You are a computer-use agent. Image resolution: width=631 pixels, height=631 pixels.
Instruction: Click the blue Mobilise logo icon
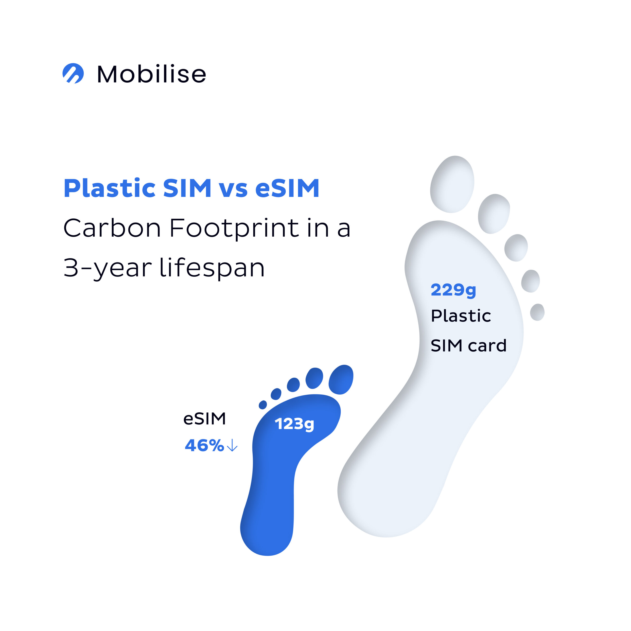(x=73, y=73)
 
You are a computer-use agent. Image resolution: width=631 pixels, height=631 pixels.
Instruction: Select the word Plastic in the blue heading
(x=109, y=189)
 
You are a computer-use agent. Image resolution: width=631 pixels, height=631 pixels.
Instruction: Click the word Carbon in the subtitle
(x=112, y=228)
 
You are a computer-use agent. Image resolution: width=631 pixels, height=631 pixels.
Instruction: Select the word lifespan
(x=212, y=268)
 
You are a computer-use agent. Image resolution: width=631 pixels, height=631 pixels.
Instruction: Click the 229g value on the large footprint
(x=453, y=290)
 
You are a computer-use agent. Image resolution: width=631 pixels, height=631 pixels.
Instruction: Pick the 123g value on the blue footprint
(x=294, y=424)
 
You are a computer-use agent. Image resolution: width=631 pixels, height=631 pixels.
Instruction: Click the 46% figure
(x=204, y=445)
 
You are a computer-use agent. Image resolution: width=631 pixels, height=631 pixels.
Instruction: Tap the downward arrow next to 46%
(x=232, y=445)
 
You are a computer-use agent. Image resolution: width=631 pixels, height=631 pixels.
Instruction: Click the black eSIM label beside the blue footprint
(x=204, y=419)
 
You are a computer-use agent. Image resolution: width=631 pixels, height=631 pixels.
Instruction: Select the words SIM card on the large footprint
(x=468, y=346)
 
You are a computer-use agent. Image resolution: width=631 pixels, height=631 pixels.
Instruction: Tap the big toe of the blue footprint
(x=341, y=380)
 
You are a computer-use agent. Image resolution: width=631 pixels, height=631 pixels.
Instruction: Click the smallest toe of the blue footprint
(x=263, y=405)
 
